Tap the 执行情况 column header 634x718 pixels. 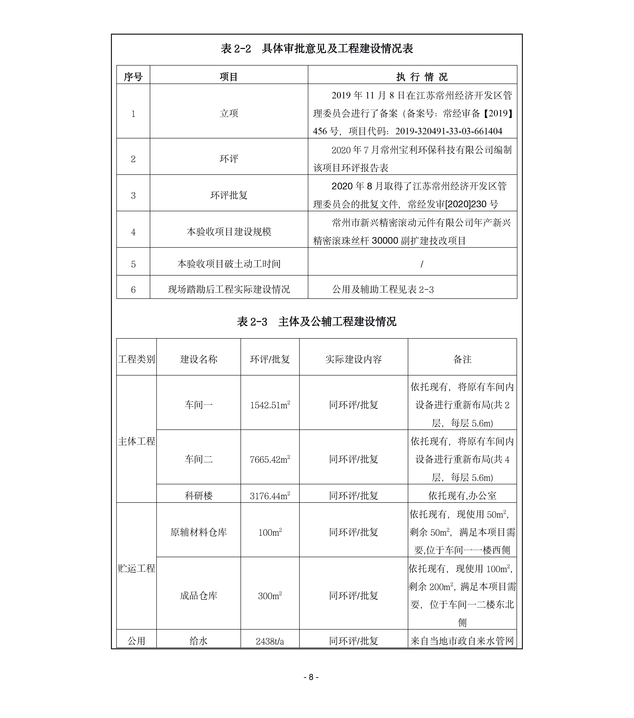(422, 77)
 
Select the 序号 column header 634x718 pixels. (133, 77)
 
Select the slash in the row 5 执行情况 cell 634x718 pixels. (422, 264)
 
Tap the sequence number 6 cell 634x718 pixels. (133, 289)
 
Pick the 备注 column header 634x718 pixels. (462, 359)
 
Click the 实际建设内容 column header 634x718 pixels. (353, 359)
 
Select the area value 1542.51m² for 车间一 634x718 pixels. (270, 405)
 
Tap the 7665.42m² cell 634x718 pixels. (270, 459)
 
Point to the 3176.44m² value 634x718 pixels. (270, 496)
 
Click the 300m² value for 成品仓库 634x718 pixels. (270, 596)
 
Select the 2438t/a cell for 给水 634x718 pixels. (270, 641)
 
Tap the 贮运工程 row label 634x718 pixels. (136, 569)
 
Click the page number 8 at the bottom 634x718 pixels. (311, 677)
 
